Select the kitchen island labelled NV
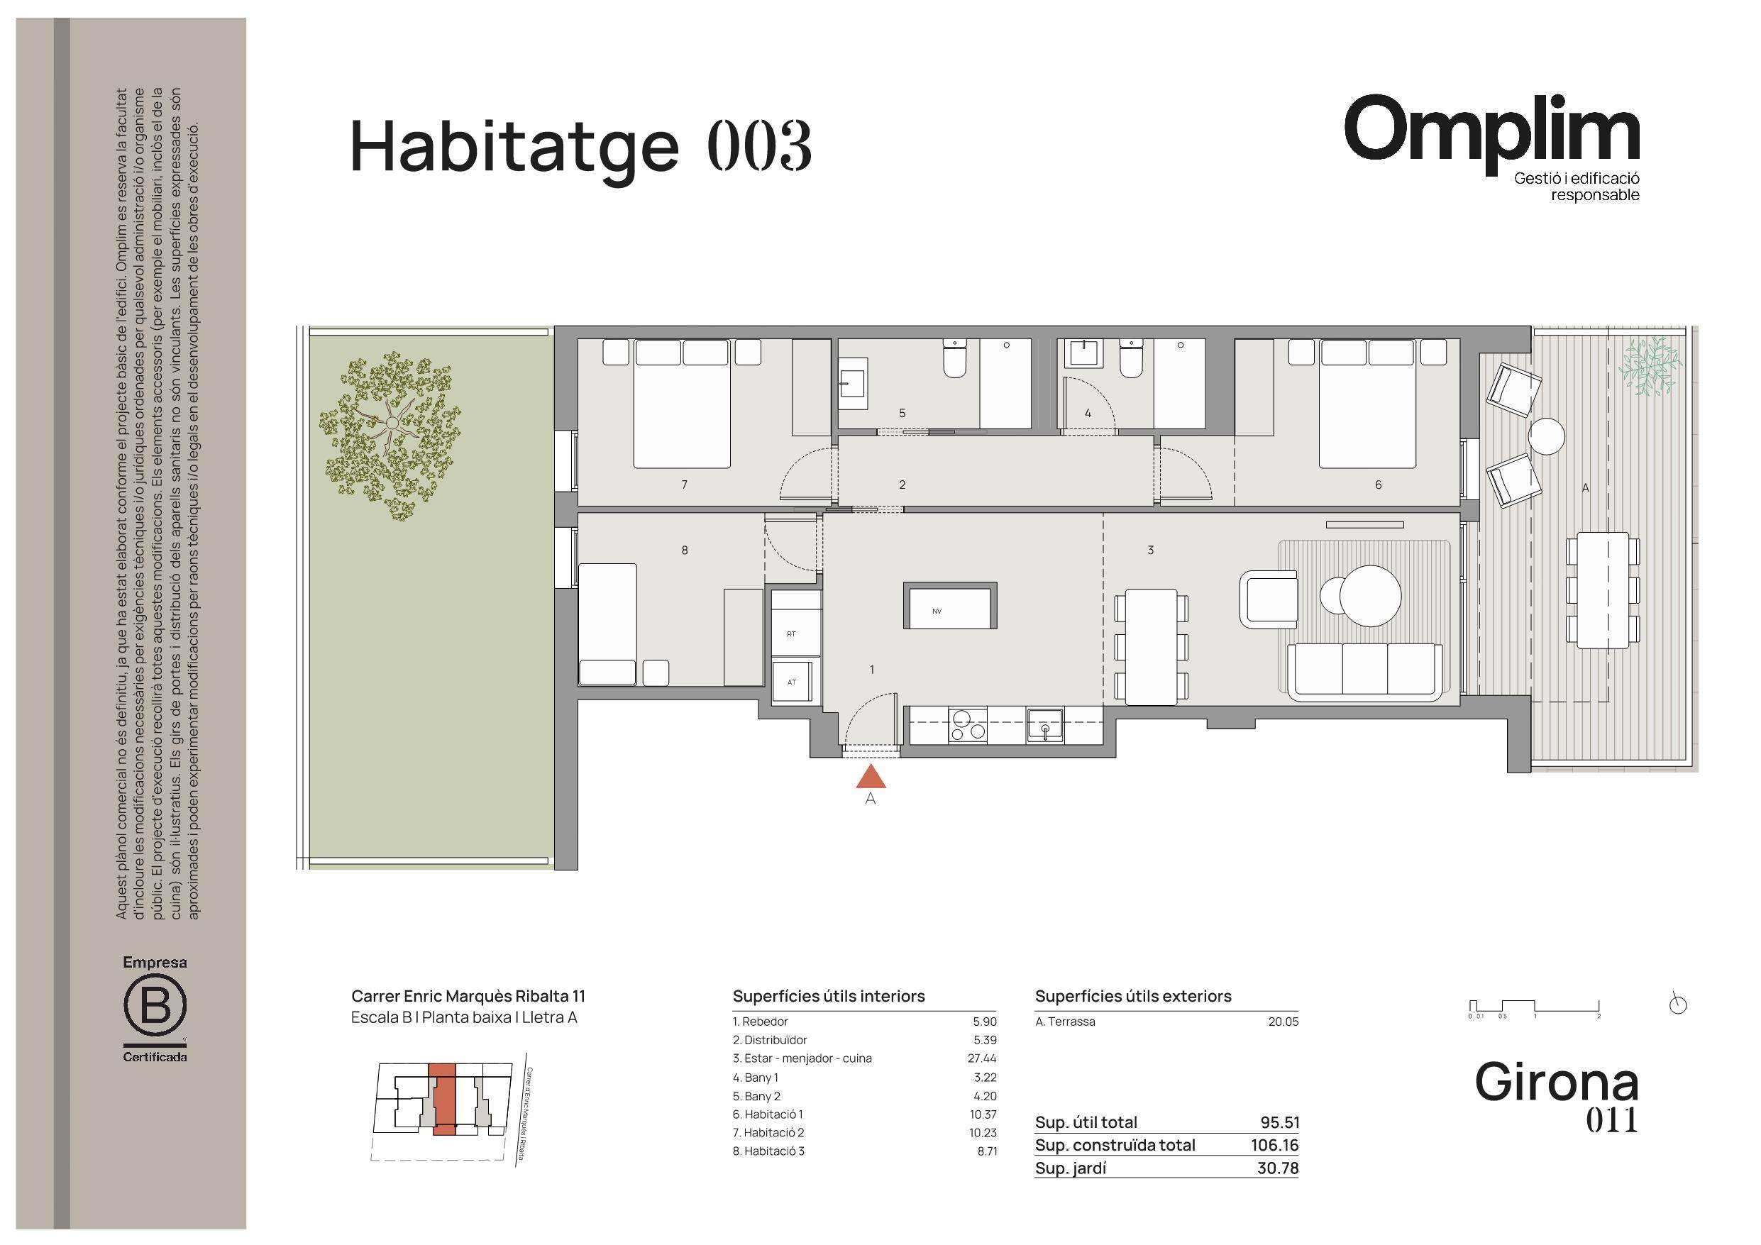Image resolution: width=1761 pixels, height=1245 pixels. click(950, 605)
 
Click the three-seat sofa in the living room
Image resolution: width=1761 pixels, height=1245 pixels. click(1365, 671)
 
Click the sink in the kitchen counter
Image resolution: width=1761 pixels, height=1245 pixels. click(1044, 725)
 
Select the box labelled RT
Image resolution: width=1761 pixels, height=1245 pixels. click(795, 633)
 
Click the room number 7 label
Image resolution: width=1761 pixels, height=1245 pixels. click(684, 485)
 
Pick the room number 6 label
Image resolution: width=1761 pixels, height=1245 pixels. click(1379, 485)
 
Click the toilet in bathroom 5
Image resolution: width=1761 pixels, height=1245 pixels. click(955, 360)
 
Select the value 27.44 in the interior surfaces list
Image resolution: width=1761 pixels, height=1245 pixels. click(983, 1058)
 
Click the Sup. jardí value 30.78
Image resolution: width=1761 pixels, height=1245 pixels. click(1278, 1168)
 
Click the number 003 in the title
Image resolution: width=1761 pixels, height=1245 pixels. click(759, 145)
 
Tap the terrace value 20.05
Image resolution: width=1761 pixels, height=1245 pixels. click(1284, 1022)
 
